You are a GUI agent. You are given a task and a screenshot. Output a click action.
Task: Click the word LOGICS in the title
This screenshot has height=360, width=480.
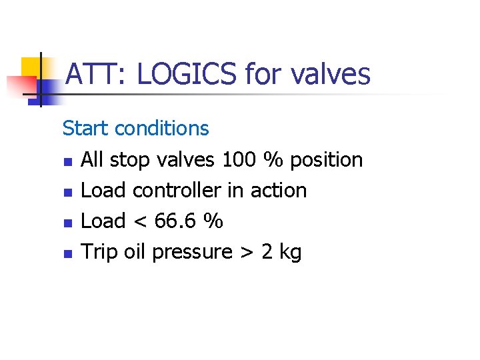coord(186,73)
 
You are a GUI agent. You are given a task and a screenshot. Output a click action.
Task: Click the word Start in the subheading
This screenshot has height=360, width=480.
coord(86,127)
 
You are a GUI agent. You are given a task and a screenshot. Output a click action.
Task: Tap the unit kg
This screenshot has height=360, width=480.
coord(290,253)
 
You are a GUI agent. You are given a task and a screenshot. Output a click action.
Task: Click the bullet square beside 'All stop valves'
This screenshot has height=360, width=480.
coord(67,161)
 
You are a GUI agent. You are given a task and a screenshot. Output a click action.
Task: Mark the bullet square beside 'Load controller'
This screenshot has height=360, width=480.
coord(67,192)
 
